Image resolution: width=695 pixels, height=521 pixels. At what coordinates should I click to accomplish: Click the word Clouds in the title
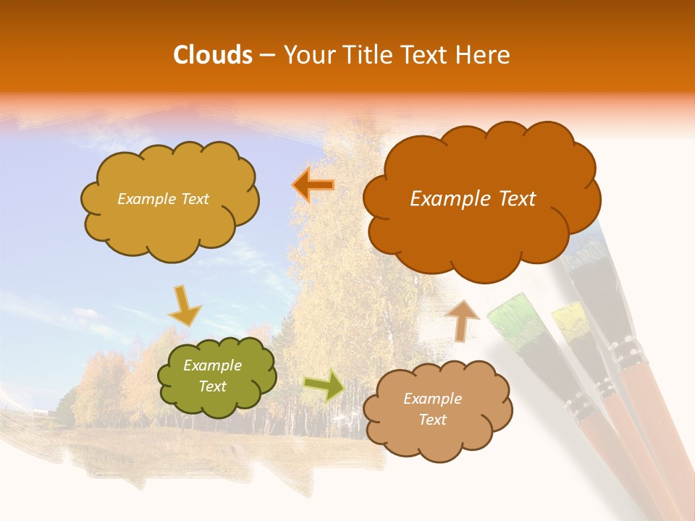(213, 55)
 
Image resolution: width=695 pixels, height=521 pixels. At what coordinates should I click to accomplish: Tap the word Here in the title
(483, 55)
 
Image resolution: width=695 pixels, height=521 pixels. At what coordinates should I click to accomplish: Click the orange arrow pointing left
(313, 185)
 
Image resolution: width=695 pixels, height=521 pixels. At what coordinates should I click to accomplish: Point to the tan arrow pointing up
(462, 320)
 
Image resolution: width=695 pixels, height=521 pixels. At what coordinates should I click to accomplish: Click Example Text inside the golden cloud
(163, 199)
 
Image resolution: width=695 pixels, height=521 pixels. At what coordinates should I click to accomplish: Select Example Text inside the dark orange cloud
(473, 199)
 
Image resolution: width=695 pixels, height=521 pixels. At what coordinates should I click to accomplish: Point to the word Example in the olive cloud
(212, 365)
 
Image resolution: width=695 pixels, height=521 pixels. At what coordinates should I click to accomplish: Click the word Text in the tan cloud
(432, 420)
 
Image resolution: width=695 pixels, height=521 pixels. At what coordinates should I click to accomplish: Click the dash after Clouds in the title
(266, 55)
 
